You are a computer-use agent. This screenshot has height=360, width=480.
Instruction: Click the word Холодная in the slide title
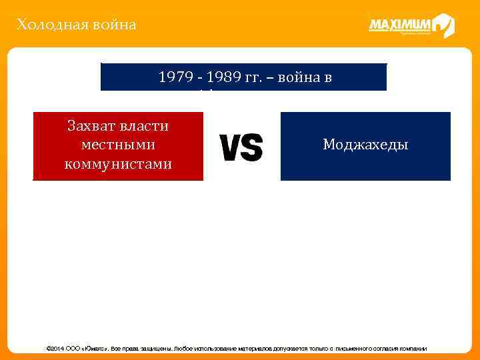click(44, 25)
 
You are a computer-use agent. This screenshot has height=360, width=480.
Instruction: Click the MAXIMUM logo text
click(400, 25)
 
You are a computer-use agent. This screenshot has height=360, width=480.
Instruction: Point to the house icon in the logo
click(443, 25)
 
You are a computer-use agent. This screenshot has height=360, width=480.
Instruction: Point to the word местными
click(118, 145)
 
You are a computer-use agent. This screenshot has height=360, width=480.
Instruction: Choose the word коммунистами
click(118, 164)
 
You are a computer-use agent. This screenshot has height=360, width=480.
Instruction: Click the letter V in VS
click(230, 147)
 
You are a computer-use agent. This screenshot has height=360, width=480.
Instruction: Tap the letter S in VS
click(252, 147)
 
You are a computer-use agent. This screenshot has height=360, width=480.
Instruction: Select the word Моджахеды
click(365, 145)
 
